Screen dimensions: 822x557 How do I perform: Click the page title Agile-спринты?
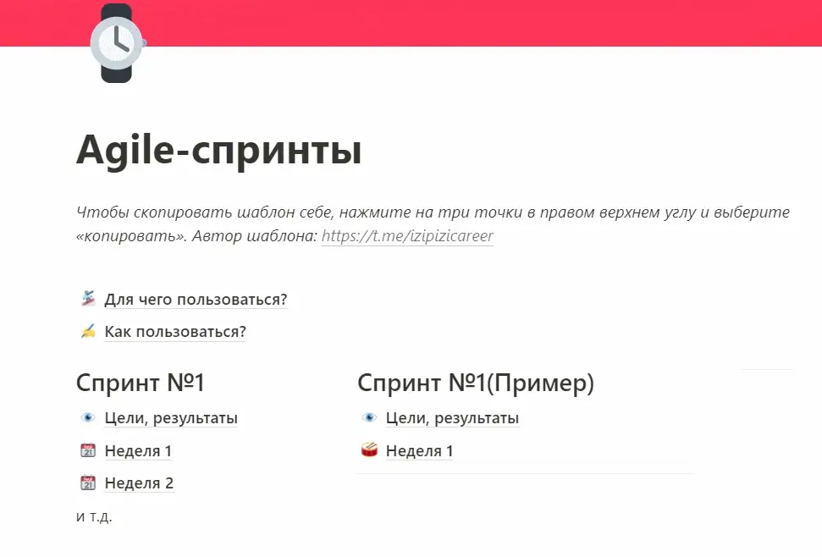(x=219, y=151)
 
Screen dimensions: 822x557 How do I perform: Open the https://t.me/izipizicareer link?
(x=407, y=236)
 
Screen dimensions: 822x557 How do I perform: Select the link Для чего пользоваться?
(x=196, y=299)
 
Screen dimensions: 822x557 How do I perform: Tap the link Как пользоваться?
(x=175, y=332)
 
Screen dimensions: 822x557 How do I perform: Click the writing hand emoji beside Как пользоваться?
(x=88, y=331)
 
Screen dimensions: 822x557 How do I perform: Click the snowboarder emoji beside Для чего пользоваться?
(x=88, y=299)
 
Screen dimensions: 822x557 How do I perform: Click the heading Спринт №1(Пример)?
(x=476, y=383)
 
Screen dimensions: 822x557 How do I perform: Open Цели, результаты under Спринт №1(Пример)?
(x=452, y=417)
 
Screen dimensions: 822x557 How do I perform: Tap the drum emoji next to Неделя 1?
(x=369, y=449)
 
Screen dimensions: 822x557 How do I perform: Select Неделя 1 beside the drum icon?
(x=419, y=450)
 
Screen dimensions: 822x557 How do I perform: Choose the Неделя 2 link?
(x=139, y=483)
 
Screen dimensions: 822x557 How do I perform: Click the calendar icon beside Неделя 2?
(x=88, y=482)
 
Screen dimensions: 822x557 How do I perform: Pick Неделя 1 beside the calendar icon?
(x=138, y=450)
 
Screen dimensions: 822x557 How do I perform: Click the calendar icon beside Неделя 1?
(x=88, y=449)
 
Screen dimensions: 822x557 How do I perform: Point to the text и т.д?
(x=94, y=516)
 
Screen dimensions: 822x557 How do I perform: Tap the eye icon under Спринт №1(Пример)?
(x=369, y=417)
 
